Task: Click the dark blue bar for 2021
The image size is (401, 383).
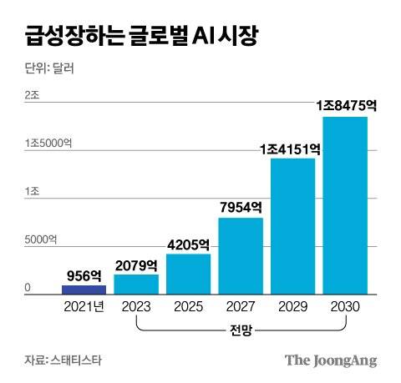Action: point(84,290)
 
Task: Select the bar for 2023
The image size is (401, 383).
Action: point(136,285)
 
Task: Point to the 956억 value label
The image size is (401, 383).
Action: point(84,275)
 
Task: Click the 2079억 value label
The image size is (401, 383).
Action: point(136,265)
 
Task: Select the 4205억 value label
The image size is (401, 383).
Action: point(188,244)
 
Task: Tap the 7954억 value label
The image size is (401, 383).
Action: point(241,208)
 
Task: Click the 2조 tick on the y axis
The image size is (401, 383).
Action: point(32,96)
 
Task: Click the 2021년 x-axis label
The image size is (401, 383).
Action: point(84,306)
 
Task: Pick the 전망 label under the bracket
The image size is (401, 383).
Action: point(241,331)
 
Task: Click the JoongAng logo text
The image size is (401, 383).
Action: point(332,360)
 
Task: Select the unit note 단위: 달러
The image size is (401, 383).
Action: point(49,68)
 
